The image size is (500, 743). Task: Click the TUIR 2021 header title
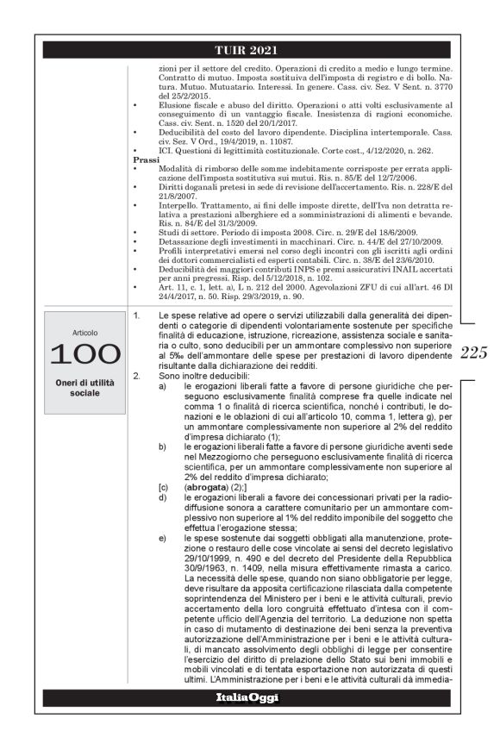pyautogui.click(x=250, y=50)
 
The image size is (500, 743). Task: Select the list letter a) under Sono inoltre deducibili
pyautogui.click(x=162, y=410)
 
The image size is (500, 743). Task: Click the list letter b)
pyautogui.click(x=162, y=470)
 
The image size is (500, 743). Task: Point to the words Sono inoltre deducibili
pyautogui.click(x=200, y=401)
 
